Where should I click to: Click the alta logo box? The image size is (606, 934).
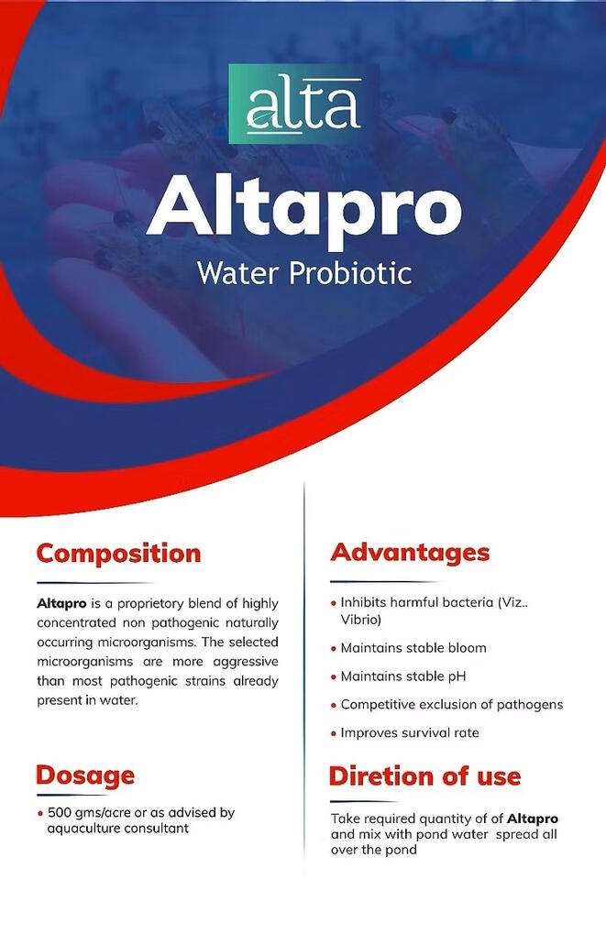point(303,104)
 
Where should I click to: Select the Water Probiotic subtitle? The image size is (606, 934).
point(303,273)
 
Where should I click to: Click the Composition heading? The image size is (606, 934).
point(118,554)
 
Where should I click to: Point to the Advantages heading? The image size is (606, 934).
point(410,553)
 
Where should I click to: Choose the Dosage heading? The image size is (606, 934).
point(85,775)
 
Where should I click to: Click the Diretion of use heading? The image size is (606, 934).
point(424,776)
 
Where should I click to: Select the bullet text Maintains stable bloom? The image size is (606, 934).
point(413,648)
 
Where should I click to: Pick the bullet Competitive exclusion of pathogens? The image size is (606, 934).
point(451,705)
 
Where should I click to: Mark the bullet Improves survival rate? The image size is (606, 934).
point(409,733)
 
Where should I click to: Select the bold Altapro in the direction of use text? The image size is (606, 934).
point(533,818)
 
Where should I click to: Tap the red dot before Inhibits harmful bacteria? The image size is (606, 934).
point(333,604)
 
